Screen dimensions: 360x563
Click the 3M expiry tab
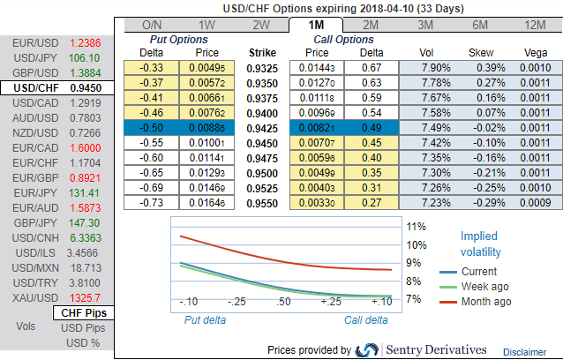[x=425, y=26]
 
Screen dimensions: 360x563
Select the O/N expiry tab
[x=152, y=26]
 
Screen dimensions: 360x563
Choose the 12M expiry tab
[x=535, y=26]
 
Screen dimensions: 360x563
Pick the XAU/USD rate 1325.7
[x=84, y=298]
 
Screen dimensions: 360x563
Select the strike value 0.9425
[x=262, y=128]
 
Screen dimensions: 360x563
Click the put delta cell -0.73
[x=154, y=202]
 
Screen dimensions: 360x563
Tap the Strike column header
[x=262, y=52]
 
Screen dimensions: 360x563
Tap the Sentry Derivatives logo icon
[x=368, y=349]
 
